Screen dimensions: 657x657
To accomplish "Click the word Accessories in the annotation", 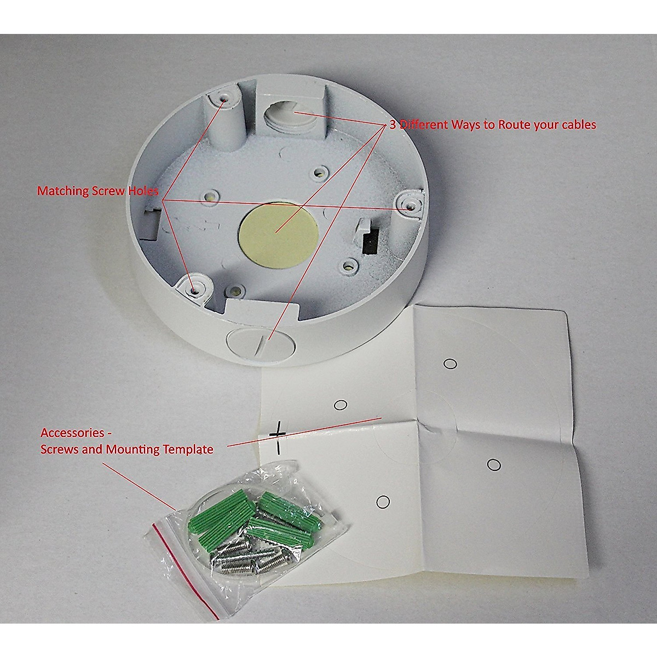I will point(72,433).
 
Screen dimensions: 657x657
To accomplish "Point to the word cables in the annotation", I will point(579,125).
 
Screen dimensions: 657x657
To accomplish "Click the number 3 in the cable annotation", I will point(392,125).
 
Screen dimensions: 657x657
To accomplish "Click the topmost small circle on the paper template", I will point(450,364).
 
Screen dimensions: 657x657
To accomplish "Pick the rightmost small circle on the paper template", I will point(493,465).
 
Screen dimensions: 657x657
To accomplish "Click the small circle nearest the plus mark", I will point(341,405).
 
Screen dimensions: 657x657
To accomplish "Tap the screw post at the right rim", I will point(410,205).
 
